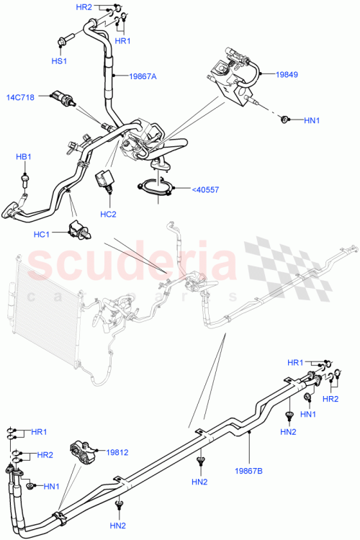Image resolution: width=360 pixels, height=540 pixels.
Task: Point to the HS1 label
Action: (58, 62)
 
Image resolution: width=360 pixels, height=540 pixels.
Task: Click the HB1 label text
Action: (24, 156)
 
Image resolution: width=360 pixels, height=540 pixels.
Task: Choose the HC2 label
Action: (109, 214)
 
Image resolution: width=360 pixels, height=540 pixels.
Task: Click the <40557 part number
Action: (206, 189)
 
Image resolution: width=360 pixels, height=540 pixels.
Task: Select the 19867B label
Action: (248, 471)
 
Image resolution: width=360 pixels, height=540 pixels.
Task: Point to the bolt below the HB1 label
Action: (27, 176)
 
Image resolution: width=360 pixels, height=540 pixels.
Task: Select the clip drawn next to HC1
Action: (78, 230)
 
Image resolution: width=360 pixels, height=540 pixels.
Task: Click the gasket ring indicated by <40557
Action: (155, 188)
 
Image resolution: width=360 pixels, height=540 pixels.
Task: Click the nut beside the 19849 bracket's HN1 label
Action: (286, 118)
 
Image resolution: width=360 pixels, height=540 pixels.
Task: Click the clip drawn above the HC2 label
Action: (106, 181)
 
